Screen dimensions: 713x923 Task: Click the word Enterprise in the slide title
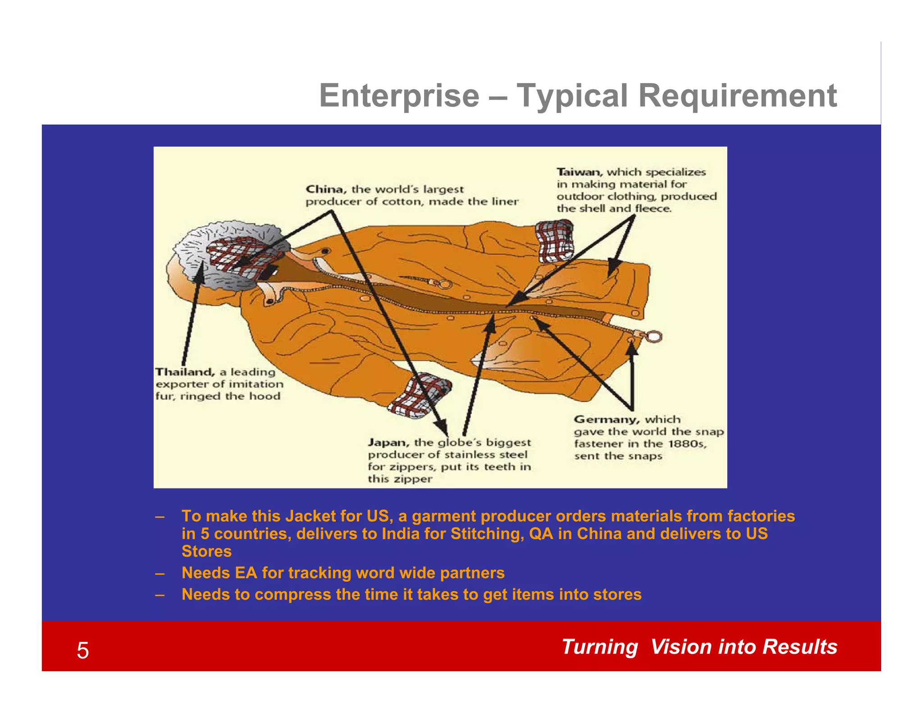[399, 96]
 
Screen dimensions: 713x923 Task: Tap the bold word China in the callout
[325, 189]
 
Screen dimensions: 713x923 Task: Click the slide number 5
[83, 650]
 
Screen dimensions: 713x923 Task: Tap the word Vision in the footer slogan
[681, 647]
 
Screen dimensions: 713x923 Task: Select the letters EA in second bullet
[246, 573]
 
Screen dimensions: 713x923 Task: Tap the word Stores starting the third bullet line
[206, 551]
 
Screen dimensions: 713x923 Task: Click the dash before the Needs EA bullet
[159, 573]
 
